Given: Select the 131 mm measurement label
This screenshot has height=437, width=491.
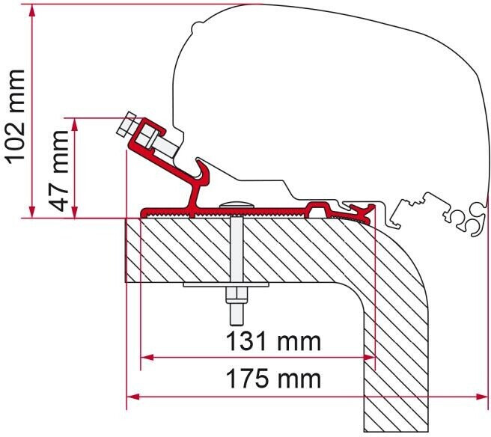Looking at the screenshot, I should click(x=274, y=342).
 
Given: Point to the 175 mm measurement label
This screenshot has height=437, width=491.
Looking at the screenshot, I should click(x=274, y=379).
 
